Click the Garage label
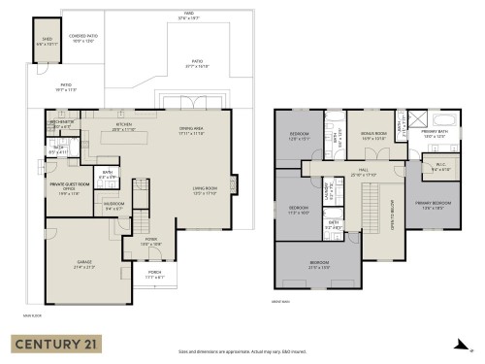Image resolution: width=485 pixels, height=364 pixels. (x=85, y=264)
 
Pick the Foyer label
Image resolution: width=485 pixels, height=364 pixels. (x=151, y=241)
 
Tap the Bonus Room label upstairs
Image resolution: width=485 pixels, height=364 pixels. (x=373, y=136)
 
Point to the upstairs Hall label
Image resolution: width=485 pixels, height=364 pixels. (x=364, y=173)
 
